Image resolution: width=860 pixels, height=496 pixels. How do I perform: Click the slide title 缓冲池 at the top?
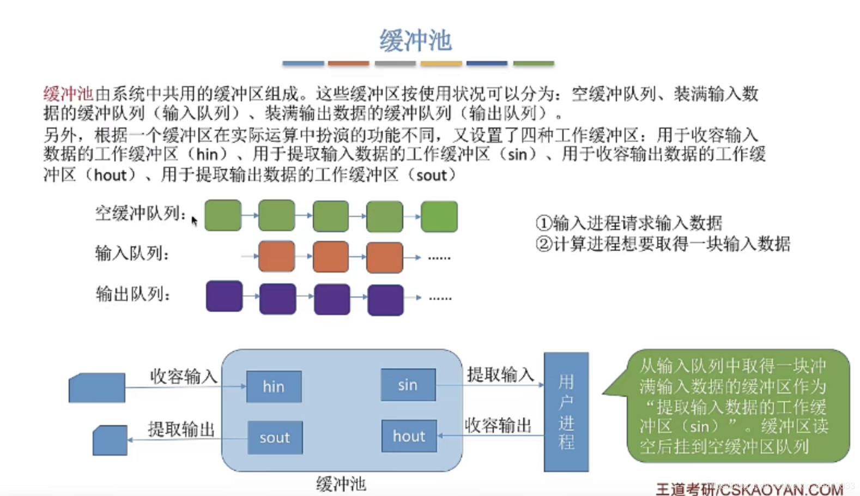click(x=415, y=41)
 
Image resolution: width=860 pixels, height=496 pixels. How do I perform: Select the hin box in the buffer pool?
click(x=274, y=386)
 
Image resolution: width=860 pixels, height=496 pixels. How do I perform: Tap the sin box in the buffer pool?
click(x=408, y=385)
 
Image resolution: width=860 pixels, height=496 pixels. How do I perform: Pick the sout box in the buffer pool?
click(x=275, y=437)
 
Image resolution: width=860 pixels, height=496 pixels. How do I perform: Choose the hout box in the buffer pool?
click(x=409, y=436)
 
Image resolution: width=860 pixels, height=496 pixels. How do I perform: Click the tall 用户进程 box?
click(x=566, y=412)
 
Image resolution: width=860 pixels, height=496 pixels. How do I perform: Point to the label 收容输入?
click(x=183, y=376)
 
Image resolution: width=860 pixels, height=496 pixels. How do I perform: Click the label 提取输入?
click(x=500, y=374)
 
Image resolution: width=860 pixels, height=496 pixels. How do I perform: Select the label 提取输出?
click(x=181, y=430)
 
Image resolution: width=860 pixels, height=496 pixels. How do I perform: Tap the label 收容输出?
click(x=498, y=425)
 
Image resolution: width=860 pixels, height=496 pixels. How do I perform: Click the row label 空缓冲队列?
click(x=140, y=214)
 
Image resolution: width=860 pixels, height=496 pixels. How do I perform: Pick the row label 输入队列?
click(x=132, y=253)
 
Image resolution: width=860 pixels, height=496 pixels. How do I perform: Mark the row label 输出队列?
click(x=132, y=294)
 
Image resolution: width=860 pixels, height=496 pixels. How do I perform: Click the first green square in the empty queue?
click(x=223, y=215)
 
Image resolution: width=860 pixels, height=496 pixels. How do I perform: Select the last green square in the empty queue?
click(x=439, y=216)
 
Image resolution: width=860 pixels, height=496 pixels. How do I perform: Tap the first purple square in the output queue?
click(x=224, y=296)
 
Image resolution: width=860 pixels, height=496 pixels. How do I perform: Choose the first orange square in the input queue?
click(x=277, y=256)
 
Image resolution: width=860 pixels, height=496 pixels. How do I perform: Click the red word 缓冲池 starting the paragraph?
click(x=68, y=94)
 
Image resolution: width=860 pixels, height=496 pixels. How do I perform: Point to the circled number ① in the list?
click(x=543, y=223)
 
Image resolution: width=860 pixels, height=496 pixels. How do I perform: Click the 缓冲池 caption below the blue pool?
click(x=341, y=483)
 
